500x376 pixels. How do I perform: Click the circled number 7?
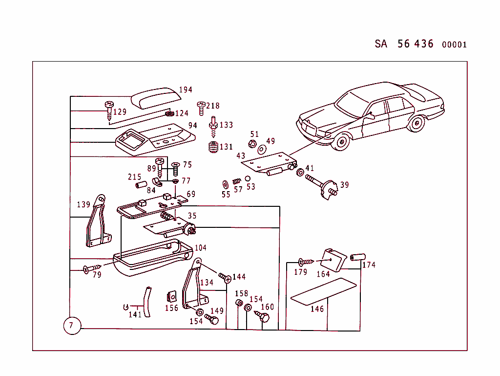[x=72, y=325]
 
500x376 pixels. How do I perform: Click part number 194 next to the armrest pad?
[x=186, y=89]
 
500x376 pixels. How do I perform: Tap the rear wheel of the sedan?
[x=417, y=123]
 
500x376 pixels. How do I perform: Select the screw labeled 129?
[x=109, y=111]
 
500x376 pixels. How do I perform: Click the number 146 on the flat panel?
[x=317, y=309]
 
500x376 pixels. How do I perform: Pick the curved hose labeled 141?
[x=146, y=302]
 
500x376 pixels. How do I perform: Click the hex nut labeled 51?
[x=252, y=144]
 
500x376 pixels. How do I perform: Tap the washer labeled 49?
[x=262, y=149]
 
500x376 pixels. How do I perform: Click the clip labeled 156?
[x=171, y=297]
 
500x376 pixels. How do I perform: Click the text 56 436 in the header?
[x=415, y=44]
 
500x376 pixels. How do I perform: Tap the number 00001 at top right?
[x=454, y=44]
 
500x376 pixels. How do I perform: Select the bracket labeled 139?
[x=97, y=222]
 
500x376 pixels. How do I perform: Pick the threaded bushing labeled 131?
[x=213, y=147]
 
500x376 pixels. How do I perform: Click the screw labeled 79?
[x=91, y=268]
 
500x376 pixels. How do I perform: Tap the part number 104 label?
[x=201, y=248]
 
